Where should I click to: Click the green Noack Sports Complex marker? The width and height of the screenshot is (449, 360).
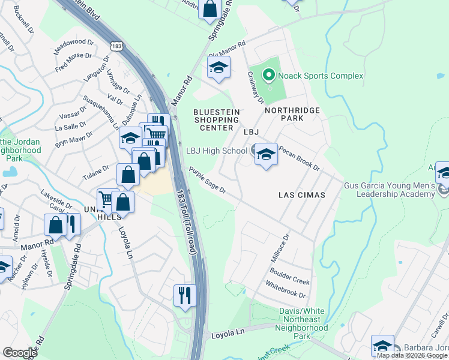click(268, 76)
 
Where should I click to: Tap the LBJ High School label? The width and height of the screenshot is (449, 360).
click(216, 151)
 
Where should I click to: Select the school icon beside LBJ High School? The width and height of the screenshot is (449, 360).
click(265, 155)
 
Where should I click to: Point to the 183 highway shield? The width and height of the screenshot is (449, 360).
click(117, 46)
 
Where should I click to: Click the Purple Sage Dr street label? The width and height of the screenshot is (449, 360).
click(207, 181)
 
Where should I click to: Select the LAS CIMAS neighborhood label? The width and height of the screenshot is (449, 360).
click(301, 195)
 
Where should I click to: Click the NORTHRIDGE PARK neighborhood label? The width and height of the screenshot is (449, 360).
click(292, 115)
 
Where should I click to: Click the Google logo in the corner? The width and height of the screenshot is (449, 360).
click(20, 353)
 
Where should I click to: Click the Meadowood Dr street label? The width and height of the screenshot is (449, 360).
click(74, 47)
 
